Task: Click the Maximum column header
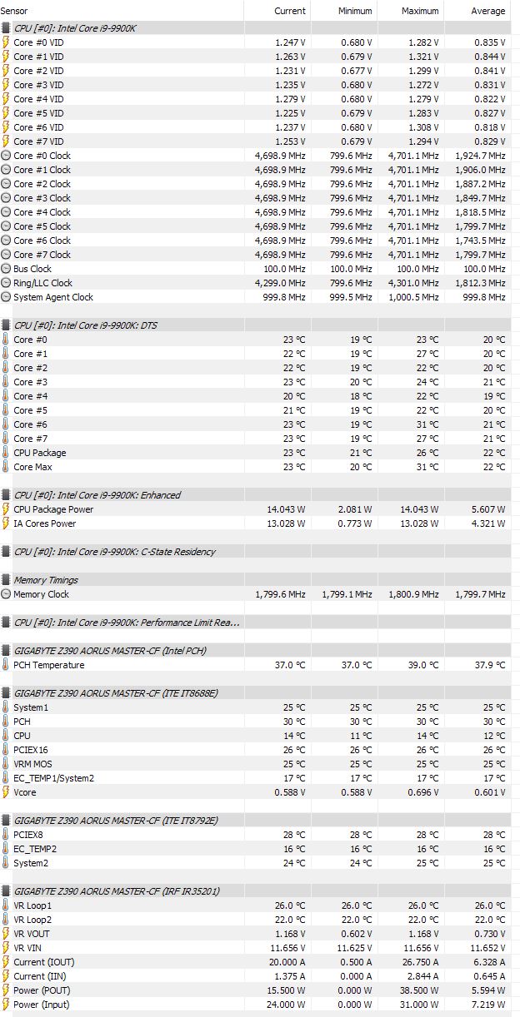point(420,11)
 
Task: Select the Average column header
point(487,11)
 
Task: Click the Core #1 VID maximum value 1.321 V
point(422,57)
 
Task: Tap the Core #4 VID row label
point(38,99)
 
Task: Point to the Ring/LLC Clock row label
point(42,283)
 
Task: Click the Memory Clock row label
point(41,594)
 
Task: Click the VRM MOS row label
point(33,764)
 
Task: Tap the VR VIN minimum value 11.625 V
point(353,948)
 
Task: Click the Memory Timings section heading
point(46,580)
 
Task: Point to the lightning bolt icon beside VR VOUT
point(7,934)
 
